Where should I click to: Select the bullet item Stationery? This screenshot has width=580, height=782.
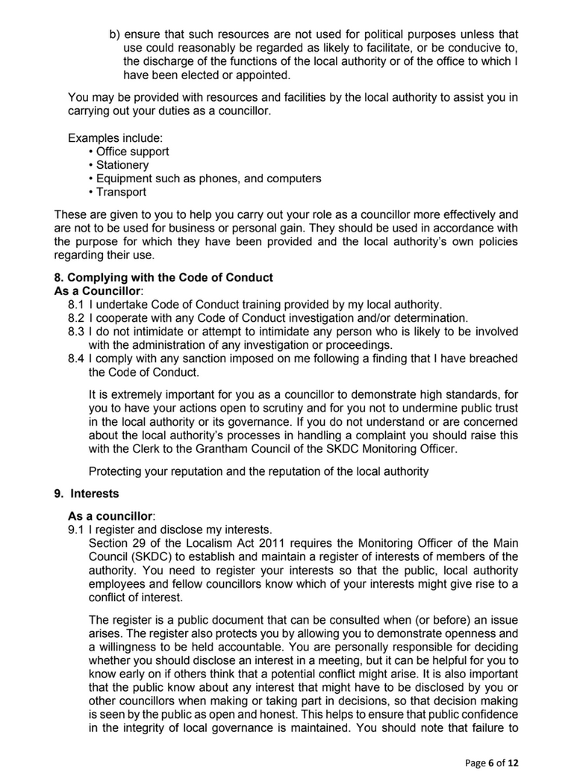pyautogui.click(x=122, y=165)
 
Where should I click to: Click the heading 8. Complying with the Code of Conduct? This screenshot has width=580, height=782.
pyautogui.click(x=170, y=277)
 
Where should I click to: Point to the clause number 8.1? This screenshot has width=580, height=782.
pyautogui.click(x=76, y=304)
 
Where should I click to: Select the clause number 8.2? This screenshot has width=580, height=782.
pyautogui.click(x=76, y=317)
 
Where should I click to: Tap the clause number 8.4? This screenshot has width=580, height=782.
pyautogui.click(x=76, y=359)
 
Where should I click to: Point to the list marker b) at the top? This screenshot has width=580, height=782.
pyautogui.click(x=115, y=34)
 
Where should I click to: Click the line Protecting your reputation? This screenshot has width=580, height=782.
pyautogui.click(x=258, y=471)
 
